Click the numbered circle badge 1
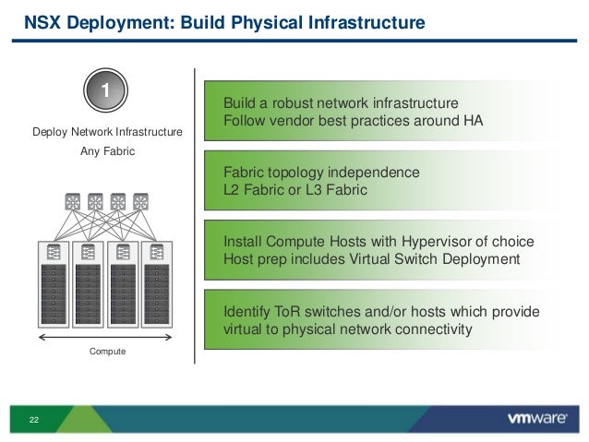[107, 90]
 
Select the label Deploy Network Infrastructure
[107, 133]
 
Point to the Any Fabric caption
[107, 151]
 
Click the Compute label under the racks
[107, 352]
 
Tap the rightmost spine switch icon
[140, 201]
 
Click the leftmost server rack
[54, 285]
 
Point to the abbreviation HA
[473, 120]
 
